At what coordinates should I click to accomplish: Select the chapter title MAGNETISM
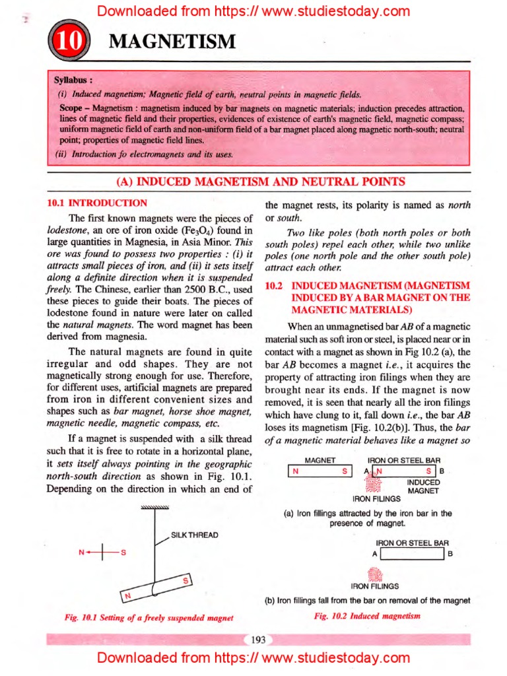172,42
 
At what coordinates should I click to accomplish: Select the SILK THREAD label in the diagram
195,534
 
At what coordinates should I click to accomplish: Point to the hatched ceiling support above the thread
155,507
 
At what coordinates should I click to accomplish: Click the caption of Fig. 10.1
149,618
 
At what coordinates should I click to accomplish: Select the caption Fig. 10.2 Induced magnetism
367,615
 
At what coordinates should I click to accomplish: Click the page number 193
258,639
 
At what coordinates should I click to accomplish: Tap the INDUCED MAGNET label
423,487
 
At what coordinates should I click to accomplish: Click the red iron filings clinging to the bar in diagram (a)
374,484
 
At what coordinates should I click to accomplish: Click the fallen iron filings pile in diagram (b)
374,574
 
